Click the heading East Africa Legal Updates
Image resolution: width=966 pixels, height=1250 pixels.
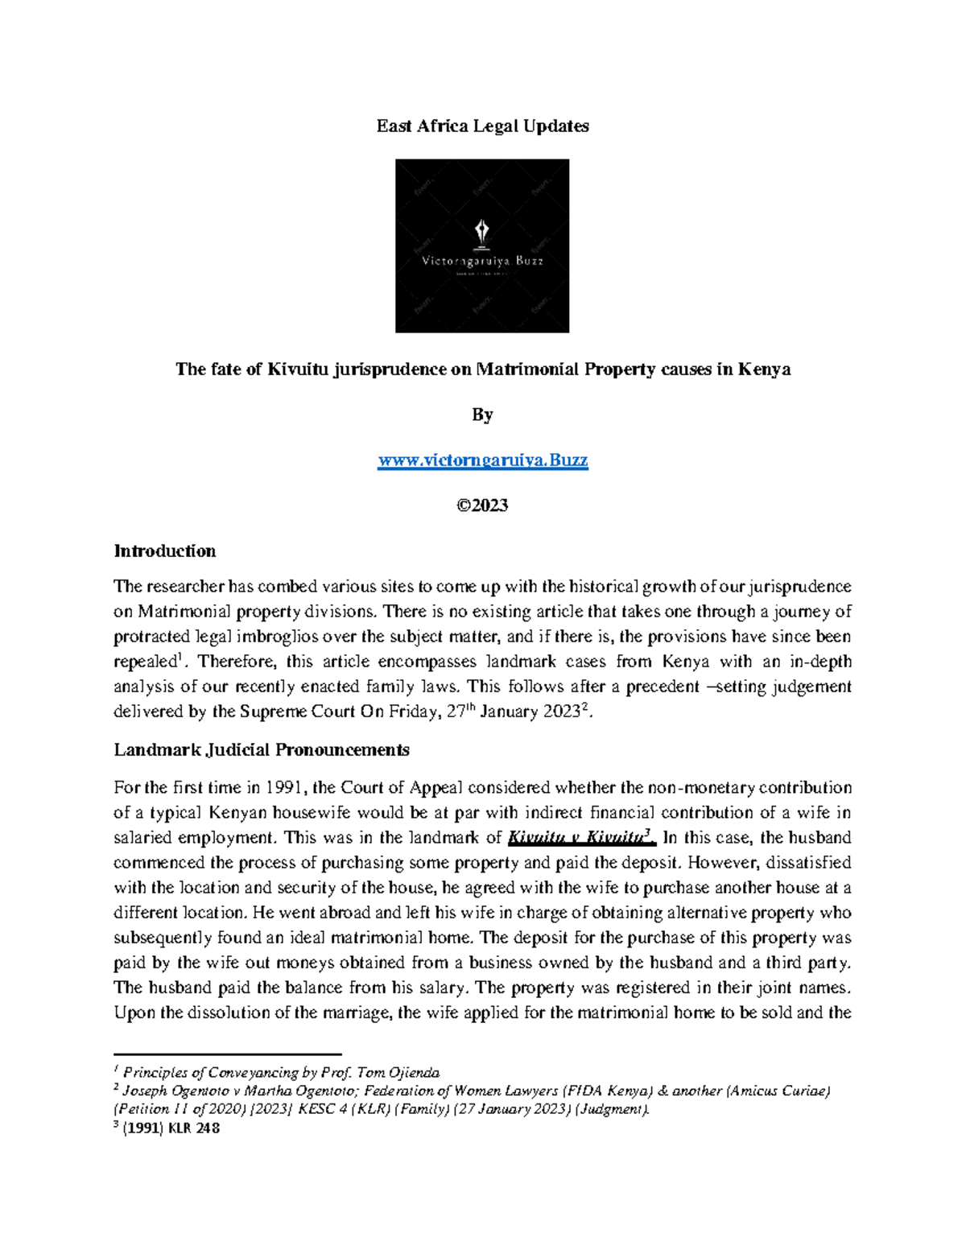482,126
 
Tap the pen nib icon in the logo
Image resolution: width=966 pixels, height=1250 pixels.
482,233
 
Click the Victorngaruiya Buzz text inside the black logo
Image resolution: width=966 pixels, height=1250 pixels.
482,261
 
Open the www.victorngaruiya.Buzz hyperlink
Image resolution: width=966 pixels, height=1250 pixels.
482,461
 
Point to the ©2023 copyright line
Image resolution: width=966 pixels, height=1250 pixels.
482,505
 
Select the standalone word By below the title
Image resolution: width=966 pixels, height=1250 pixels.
482,415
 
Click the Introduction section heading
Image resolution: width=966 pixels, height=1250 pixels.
164,551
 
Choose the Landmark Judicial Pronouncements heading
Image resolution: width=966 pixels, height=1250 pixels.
261,750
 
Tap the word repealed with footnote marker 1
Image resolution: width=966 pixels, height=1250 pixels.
144,662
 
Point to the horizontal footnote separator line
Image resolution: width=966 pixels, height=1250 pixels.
228,1054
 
